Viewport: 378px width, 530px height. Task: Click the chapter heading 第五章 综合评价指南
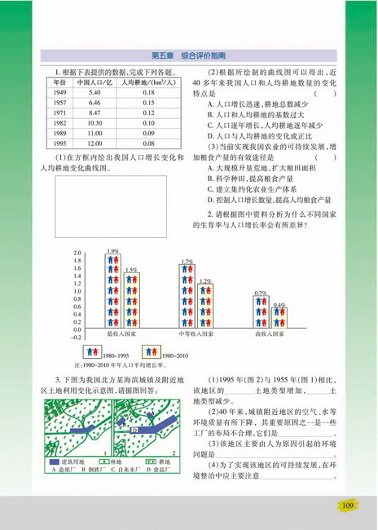pyautogui.click(x=188, y=55)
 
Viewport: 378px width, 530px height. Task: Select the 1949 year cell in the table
pyautogui.click(x=59, y=94)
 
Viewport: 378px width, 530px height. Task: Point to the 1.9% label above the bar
pyautogui.click(x=112, y=250)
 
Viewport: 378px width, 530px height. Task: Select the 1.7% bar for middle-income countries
pyautogui.click(x=187, y=294)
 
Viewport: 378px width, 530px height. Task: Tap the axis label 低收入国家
pyautogui.click(x=122, y=333)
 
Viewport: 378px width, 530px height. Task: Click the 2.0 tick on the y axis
pyautogui.click(x=77, y=254)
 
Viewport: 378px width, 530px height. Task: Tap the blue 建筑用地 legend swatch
pyautogui.click(x=58, y=462)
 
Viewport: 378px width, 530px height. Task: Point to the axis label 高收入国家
pyautogui.click(x=270, y=333)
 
